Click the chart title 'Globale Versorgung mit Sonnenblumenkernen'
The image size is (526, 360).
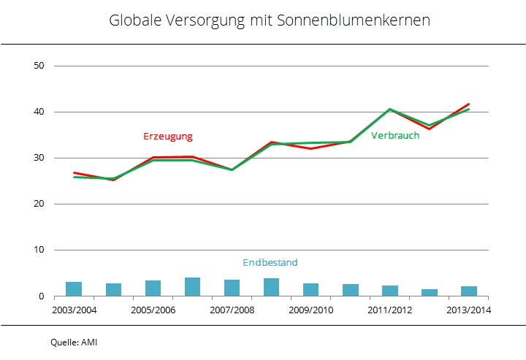[x=270, y=20]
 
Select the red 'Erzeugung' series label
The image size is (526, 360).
[x=168, y=137]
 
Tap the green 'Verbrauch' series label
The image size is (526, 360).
[x=395, y=135]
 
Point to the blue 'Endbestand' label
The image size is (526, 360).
[x=270, y=262]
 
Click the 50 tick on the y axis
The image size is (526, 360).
[x=39, y=66]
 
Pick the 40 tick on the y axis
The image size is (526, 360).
[x=39, y=112]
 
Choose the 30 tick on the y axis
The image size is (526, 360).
[x=39, y=158]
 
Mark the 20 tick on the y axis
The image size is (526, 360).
[x=39, y=204]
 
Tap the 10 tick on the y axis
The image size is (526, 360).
[x=39, y=250]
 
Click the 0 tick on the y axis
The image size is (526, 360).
[x=42, y=296]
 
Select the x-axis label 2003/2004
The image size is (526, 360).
[x=74, y=309]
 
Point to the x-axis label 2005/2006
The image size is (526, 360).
[x=153, y=309]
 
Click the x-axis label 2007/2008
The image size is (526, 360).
[x=232, y=309]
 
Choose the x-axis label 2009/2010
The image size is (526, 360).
[x=310, y=309]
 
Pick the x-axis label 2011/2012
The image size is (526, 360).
[x=389, y=309]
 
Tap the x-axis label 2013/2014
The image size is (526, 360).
[x=468, y=309]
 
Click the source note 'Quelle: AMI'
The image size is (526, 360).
[x=74, y=341]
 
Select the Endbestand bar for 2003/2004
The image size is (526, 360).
[x=74, y=289]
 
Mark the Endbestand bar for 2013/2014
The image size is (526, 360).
[x=468, y=291]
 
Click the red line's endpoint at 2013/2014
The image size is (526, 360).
[x=468, y=104]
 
